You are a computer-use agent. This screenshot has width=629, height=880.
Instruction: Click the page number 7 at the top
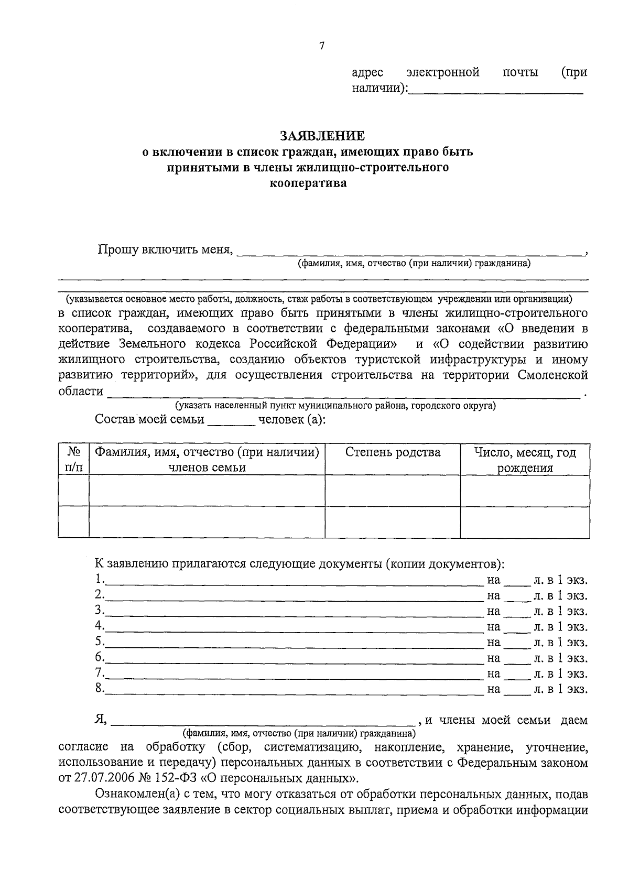pyautogui.click(x=322, y=46)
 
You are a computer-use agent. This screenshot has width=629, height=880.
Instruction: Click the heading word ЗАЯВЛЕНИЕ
pyautogui.click(x=322, y=136)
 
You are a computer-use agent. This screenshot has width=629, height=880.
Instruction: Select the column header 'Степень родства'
pyautogui.click(x=393, y=453)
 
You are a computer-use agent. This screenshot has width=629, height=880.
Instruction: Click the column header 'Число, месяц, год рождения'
pyautogui.click(x=525, y=460)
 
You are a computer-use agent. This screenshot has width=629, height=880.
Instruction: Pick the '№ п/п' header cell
pyautogui.click(x=74, y=460)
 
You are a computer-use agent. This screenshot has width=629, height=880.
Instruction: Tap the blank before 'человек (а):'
pyautogui.click(x=231, y=421)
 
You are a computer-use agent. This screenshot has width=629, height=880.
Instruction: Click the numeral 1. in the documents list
pyautogui.click(x=100, y=580)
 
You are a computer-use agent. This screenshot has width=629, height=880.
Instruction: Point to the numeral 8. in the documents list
pyautogui.click(x=100, y=688)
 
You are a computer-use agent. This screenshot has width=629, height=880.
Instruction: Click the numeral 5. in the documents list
pyautogui.click(x=100, y=642)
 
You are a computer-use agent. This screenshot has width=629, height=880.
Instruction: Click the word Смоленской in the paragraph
pyautogui.click(x=552, y=375)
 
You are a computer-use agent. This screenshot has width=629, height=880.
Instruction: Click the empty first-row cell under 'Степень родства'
pyautogui.click(x=393, y=491)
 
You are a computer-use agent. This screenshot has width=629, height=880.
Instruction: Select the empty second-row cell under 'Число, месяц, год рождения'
pyautogui.click(x=525, y=522)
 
